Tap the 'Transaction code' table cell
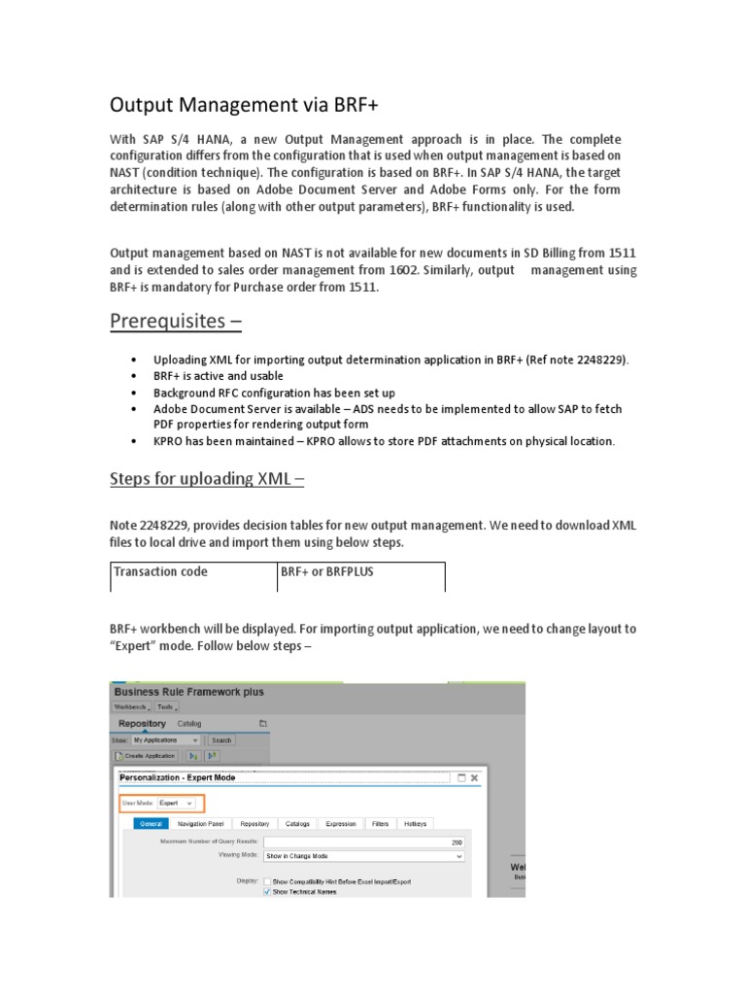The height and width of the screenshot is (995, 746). click(x=161, y=572)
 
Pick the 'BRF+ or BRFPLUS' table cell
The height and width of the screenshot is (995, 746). click(x=326, y=572)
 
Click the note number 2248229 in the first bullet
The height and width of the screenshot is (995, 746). click(x=601, y=360)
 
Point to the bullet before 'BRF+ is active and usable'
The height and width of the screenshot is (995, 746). click(x=132, y=376)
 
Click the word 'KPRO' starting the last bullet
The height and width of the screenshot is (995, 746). click(x=170, y=441)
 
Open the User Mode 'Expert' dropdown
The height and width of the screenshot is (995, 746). click(x=177, y=804)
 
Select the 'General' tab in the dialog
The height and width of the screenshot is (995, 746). click(x=151, y=824)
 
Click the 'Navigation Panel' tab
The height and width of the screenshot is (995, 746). click(x=200, y=824)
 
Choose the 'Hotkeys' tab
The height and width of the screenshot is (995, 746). click(x=415, y=824)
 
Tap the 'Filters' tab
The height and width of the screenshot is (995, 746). click(x=379, y=824)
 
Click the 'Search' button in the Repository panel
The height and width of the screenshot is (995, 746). click(x=221, y=739)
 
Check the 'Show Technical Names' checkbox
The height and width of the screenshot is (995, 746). click(x=267, y=891)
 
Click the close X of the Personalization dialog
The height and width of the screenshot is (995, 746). click(x=474, y=777)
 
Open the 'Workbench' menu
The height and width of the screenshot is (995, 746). click(x=132, y=707)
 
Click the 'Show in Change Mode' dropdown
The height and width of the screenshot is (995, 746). click(x=364, y=856)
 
